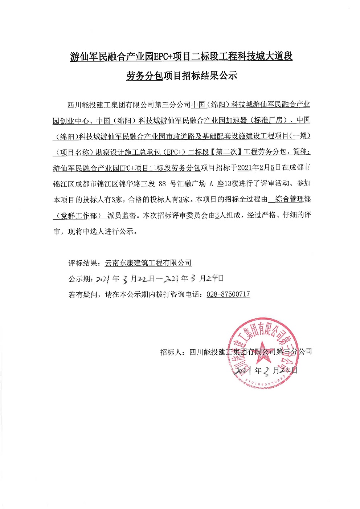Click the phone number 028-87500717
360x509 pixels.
[x=228, y=294]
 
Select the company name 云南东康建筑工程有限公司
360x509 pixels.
[x=148, y=262]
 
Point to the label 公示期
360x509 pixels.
[x=79, y=278]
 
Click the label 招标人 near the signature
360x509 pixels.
[x=171, y=351]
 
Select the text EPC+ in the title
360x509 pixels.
[x=163, y=57]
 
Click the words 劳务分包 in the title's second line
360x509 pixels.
[x=144, y=76]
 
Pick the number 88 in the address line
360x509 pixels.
[x=162, y=183]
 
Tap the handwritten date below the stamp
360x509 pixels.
[x=266, y=370]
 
